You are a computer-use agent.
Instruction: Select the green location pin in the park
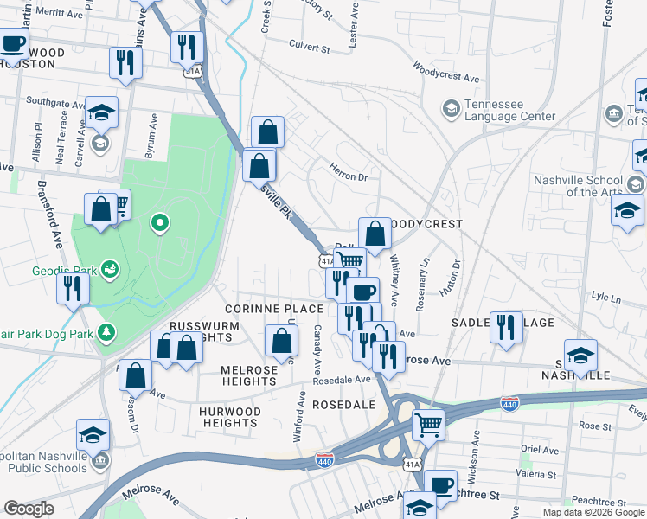[x=159, y=225]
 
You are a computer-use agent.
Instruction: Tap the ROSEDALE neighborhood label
[x=343, y=404]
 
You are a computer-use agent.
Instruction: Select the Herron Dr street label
[x=349, y=175]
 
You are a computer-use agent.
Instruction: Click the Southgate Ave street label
[x=54, y=101]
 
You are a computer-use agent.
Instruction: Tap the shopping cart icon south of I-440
[x=428, y=425]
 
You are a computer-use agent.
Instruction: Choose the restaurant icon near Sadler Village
[x=506, y=326]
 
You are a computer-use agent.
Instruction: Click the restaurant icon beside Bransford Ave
[x=72, y=287]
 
